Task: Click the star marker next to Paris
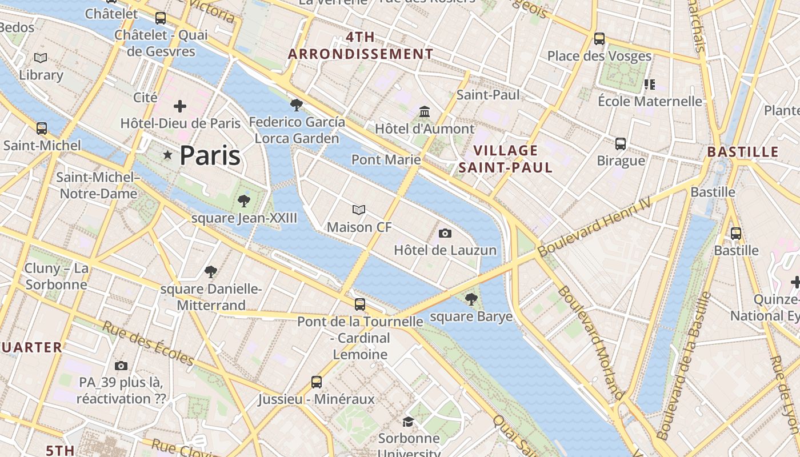coord(167,155)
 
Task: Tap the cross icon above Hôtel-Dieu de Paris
coord(180,106)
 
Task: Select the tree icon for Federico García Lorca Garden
coord(296,105)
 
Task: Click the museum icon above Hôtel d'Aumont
coord(425,111)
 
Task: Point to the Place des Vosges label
coord(599,56)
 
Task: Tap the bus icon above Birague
coord(621,143)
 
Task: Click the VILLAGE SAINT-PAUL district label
coord(506,159)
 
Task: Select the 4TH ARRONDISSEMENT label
coord(361,46)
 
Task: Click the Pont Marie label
coord(386,159)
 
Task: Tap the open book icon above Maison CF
coord(359,210)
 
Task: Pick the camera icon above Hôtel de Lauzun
coord(445,233)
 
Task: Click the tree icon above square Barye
coord(471,299)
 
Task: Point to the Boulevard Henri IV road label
coord(594,227)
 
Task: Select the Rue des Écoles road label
coord(149,343)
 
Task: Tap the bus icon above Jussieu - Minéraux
coord(317,382)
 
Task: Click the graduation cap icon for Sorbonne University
coord(408,422)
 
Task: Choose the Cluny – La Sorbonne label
coord(56,276)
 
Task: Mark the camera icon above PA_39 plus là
coord(121,366)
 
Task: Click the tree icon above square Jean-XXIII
coord(244,201)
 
